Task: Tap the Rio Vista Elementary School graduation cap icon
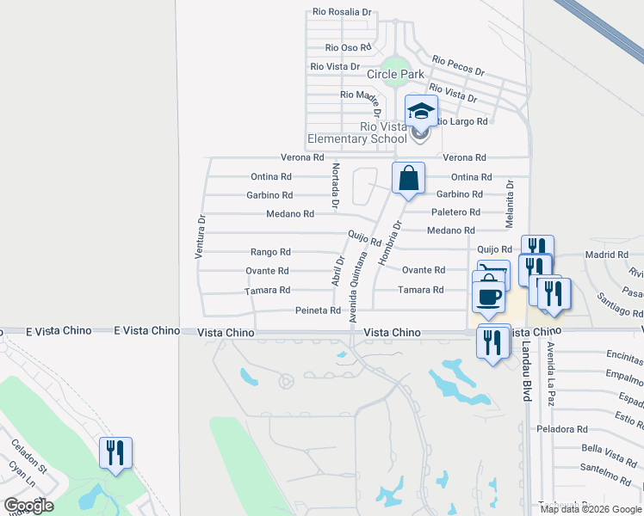click(x=421, y=112)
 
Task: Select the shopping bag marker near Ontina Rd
click(x=409, y=179)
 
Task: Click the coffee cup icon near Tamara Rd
click(x=488, y=297)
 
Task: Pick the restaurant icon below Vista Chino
click(x=492, y=343)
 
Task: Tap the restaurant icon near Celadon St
click(x=116, y=452)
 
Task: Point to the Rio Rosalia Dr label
click(x=342, y=13)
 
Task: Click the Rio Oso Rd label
click(x=348, y=48)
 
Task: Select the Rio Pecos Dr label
click(x=458, y=65)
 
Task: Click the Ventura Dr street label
click(x=200, y=237)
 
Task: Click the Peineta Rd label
click(x=318, y=310)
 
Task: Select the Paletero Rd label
click(x=455, y=212)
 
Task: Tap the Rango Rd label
click(x=270, y=252)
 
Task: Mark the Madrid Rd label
click(x=607, y=255)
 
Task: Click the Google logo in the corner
click(x=28, y=506)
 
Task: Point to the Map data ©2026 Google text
click(x=590, y=508)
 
